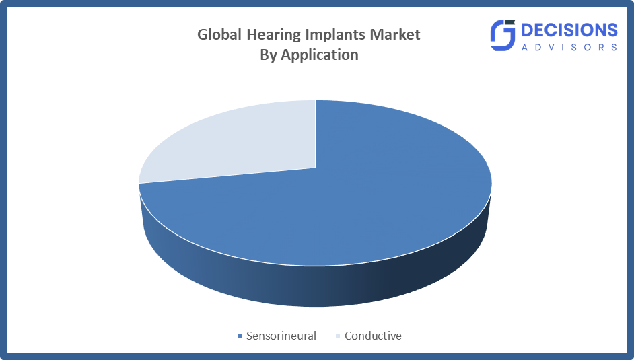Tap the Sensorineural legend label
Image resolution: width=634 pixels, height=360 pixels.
coord(281,336)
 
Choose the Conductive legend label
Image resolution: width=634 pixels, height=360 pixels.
coord(373,336)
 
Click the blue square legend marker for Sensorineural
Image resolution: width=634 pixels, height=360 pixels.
coord(239,336)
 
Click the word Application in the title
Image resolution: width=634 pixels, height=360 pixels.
coord(319,55)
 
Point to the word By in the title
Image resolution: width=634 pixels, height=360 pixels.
coord(269,55)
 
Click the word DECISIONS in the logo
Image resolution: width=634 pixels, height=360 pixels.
coord(569,30)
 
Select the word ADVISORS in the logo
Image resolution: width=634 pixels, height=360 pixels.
coord(569,47)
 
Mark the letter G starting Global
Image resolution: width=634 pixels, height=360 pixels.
coord(203,34)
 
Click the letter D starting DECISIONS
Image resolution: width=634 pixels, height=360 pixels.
coord(528,30)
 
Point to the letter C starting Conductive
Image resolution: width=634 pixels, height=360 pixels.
coord(349,336)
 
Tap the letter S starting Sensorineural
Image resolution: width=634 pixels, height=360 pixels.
coord(250,336)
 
